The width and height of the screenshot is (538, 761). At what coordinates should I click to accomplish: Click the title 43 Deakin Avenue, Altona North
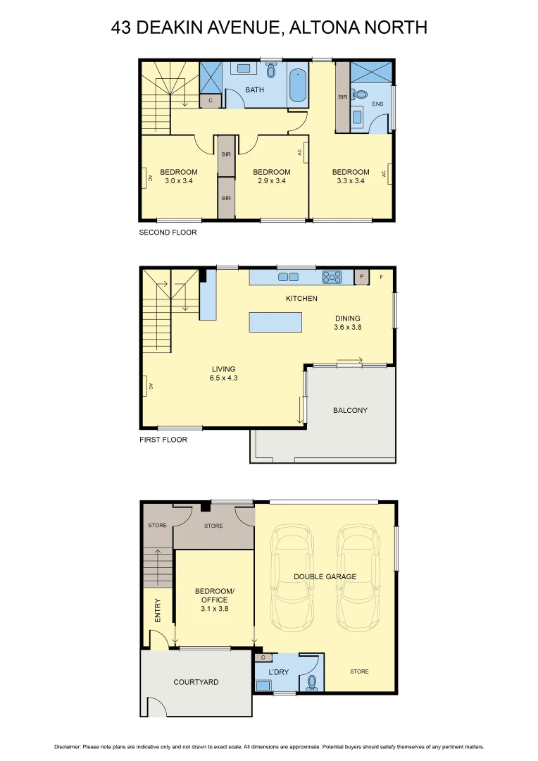click(x=269, y=27)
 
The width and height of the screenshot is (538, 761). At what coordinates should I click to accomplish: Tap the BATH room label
click(x=254, y=89)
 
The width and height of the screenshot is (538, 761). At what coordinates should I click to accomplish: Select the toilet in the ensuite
click(x=361, y=94)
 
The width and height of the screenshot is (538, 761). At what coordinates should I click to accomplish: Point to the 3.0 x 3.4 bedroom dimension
click(x=178, y=180)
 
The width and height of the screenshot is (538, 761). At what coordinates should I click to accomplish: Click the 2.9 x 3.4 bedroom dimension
click(x=271, y=180)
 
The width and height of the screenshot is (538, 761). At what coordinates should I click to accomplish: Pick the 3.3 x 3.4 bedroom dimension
click(x=351, y=180)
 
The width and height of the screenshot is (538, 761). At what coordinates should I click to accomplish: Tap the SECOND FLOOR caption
click(x=168, y=232)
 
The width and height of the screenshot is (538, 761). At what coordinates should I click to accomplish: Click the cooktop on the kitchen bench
click(x=331, y=277)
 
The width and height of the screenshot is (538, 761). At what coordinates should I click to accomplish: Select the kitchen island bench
click(x=275, y=323)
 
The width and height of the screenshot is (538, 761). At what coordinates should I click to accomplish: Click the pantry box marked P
click(x=362, y=277)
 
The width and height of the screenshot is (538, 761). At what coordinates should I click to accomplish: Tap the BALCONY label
click(x=350, y=410)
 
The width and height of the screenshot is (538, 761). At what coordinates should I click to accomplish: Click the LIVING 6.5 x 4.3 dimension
click(x=223, y=378)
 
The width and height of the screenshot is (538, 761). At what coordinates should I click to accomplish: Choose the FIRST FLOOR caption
click(x=163, y=440)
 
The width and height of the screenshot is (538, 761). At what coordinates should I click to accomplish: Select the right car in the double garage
click(x=358, y=578)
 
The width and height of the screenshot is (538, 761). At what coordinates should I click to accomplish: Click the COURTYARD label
click(x=196, y=682)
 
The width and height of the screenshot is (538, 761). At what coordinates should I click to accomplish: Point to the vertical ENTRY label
click(x=157, y=610)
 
